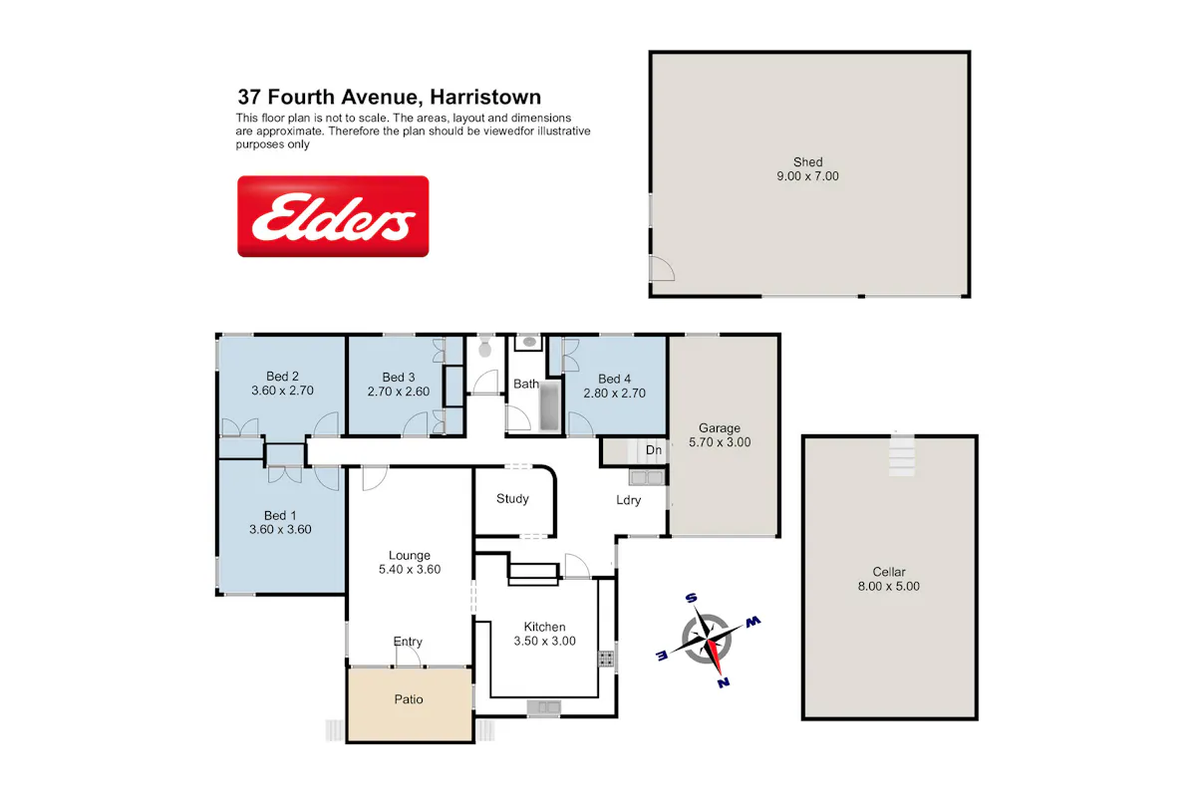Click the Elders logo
(333, 216)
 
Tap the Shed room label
(807, 161)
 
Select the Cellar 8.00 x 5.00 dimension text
(888, 586)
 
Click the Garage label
(720, 428)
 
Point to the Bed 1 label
(280, 516)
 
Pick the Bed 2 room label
(282, 377)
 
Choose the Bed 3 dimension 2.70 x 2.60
(399, 392)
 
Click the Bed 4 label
(614, 379)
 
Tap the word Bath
(526, 384)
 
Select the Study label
(512, 498)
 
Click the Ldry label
(629, 500)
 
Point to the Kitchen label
(544, 627)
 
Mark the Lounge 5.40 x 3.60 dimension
(410, 570)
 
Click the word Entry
(408, 642)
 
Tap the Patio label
(409, 699)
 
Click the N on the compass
(724, 682)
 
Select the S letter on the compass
(691, 598)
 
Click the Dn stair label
(654, 450)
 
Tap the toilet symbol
(484, 346)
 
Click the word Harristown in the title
(485, 98)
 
